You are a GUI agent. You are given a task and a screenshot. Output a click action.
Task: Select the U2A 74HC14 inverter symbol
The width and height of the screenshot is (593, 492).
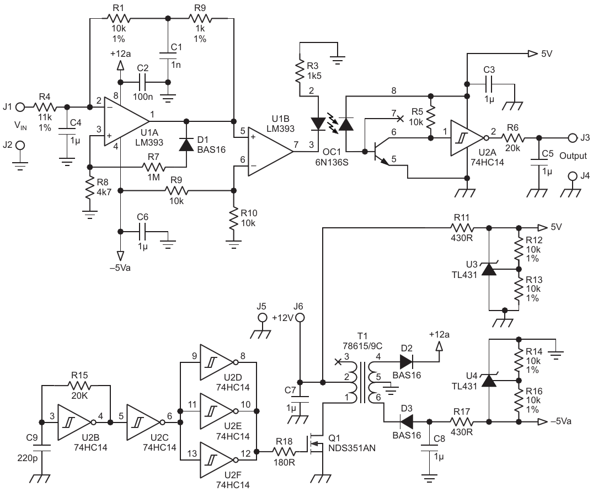pos(468,136)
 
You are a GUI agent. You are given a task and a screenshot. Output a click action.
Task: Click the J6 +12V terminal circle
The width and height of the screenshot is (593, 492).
pos(300,318)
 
